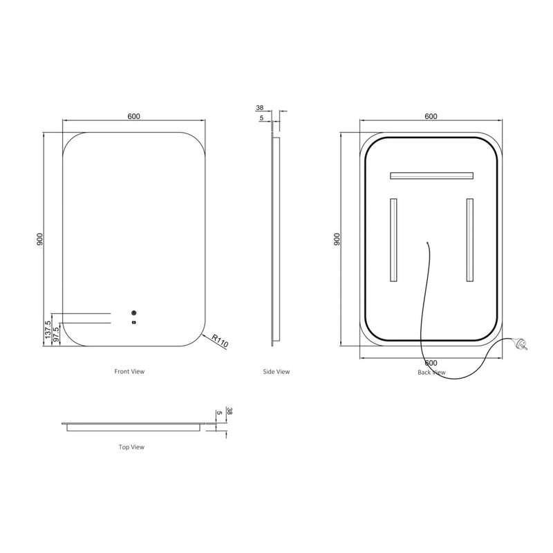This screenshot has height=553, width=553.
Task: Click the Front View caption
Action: (129, 371)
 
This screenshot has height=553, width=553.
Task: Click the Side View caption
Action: (276, 371)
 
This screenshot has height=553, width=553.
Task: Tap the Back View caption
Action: (431, 372)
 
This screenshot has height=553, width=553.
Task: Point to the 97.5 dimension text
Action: (57, 332)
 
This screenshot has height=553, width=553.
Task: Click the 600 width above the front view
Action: (133, 116)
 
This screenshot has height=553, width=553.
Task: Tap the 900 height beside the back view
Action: (337, 239)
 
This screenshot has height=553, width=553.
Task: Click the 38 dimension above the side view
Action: (260, 108)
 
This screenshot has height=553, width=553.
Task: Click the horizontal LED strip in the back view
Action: (431, 176)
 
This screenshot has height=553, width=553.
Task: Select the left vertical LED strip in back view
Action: (393, 240)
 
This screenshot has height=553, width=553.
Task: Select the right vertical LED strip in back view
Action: (470, 240)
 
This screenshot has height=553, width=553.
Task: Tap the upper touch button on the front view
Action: (133, 311)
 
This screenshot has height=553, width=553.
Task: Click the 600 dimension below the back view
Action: (431, 363)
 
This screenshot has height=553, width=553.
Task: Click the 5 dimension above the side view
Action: (261, 118)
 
